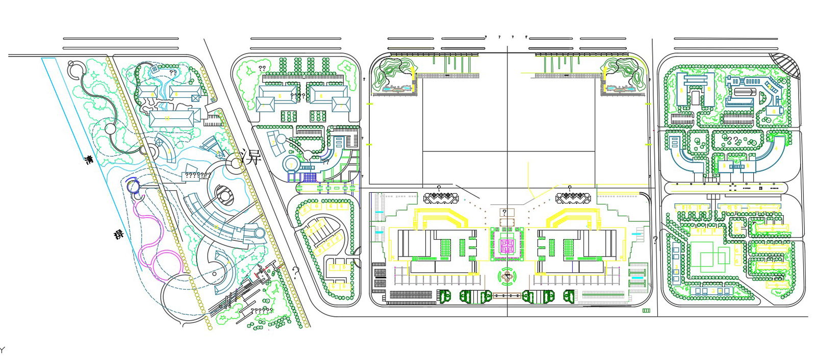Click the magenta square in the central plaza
point(506,247)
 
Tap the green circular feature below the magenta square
point(507,277)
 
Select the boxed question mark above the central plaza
point(504,212)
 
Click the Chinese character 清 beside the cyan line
point(89,160)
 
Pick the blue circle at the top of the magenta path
point(133,186)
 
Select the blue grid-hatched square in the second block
point(310,178)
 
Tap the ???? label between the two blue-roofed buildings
point(297,95)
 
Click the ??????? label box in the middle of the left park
point(197,175)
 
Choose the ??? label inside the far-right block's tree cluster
point(732,140)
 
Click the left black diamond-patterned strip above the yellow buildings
point(440,197)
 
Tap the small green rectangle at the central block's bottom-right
point(646,310)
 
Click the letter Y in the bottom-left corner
point(2,350)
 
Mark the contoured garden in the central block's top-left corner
point(393,75)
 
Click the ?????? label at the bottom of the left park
point(261,310)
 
